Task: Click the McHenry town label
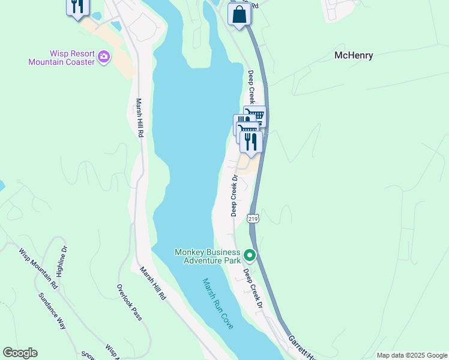[x=354, y=56]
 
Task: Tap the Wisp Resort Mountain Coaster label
[x=62, y=58]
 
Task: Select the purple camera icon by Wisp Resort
[x=104, y=57]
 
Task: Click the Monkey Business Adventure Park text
[x=207, y=256]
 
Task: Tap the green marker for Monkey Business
[x=250, y=256]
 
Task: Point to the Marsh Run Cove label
[x=217, y=303]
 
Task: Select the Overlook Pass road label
[x=130, y=302]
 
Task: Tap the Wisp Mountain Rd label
[x=37, y=268]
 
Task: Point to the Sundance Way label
[x=52, y=311]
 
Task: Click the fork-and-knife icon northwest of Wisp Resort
[x=77, y=7]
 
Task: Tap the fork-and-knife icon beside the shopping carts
[x=251, y=142]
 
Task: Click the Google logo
[x=20, y=353]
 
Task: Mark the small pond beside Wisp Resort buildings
[x=116, y=26]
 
